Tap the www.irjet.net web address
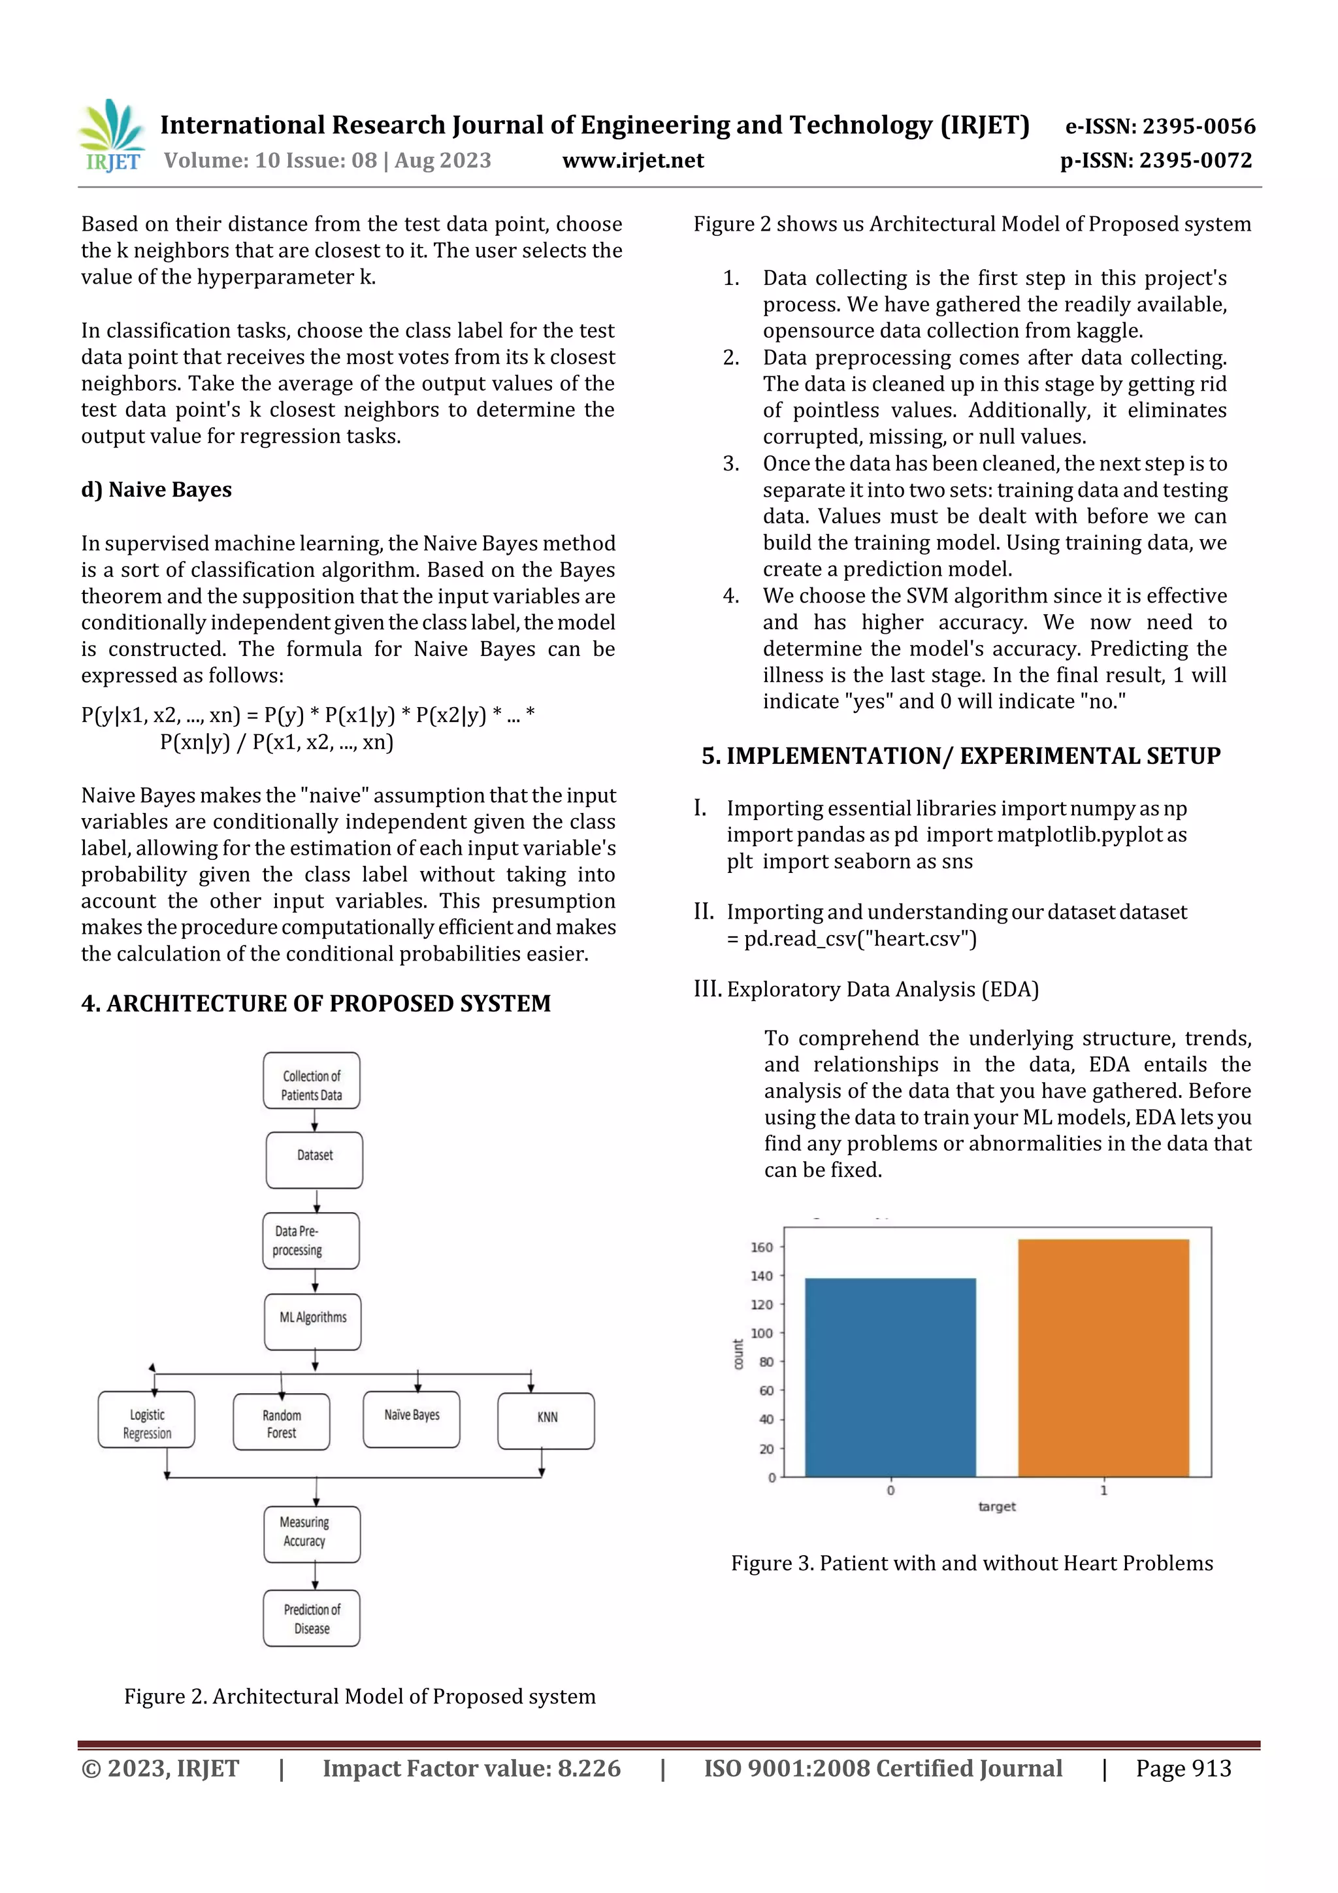coord(633,161)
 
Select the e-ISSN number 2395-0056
coord(1160,126)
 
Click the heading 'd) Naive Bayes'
coord(157,489)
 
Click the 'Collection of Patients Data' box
coord(312,1081)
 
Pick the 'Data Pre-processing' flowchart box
coord(311,1240)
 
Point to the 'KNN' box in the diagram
coord(547,1421)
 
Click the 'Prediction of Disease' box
coord(312,1619)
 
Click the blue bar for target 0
coord(890,1377)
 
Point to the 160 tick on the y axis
coord(762,1247)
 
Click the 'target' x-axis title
coord(997,1507)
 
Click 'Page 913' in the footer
coord(1183,1768)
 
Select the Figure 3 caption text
coord(972,1564)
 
